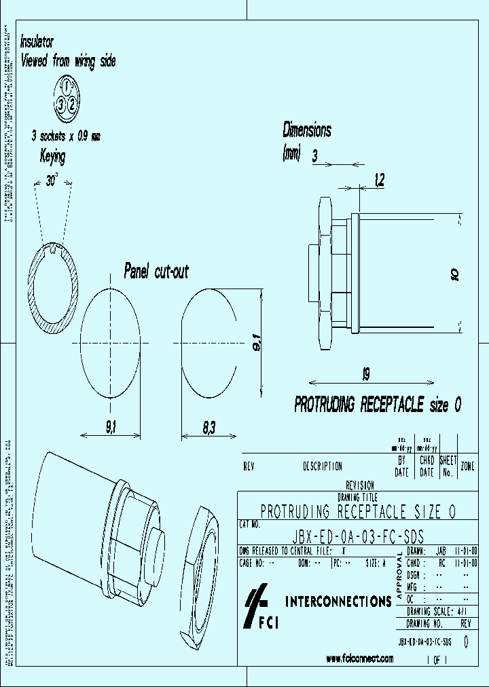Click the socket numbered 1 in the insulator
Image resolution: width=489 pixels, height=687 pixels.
click(x=67, y=86)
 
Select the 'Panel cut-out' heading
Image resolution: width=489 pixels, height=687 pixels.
click(x=156, y=272)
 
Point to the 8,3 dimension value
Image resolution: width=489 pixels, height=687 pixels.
click(x=209, y=427)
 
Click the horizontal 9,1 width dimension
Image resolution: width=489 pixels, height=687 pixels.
click(x=111, y=427)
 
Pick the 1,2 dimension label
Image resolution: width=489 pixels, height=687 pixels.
click(x=379, y=179)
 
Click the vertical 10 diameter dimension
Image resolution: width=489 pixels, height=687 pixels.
click(x=455, y=274)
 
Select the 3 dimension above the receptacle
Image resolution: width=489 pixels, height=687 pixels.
click(x=314, y=157)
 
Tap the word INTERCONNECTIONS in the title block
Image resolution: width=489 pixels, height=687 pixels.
click(x=338, y=601)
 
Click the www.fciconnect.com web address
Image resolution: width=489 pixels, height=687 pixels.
click(x=359, y=658)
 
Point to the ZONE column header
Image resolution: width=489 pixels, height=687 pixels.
click(x=468, y=466)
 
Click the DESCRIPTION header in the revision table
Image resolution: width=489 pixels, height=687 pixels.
click(x=322, y=466)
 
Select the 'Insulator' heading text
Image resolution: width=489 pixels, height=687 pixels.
click(x=37, y=41)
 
